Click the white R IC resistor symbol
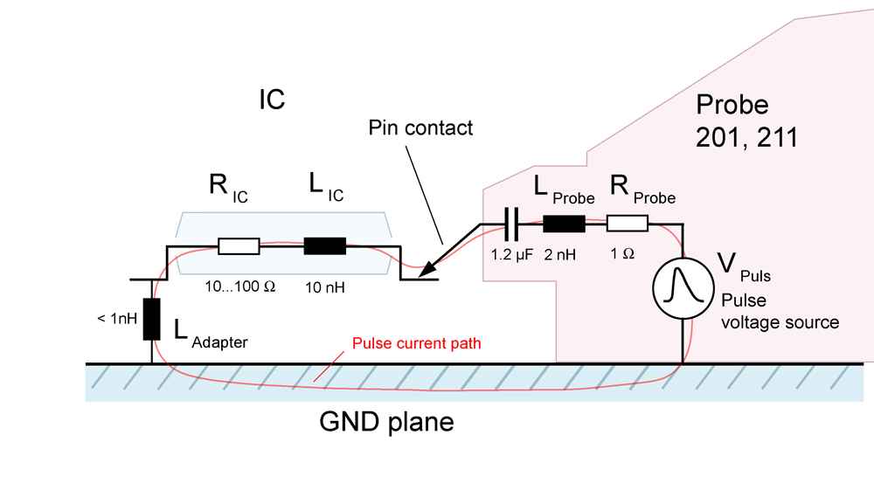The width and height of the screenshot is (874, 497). click(239, 246)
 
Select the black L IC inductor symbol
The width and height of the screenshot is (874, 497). click(325, 246)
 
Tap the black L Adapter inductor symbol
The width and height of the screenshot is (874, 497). click(152, 319)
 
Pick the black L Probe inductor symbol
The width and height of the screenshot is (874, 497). click(564, 224)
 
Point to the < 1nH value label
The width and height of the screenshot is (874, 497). click(116, 319)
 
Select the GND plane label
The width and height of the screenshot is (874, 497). click(386, 424)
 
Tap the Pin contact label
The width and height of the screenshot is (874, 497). click(420, 128)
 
